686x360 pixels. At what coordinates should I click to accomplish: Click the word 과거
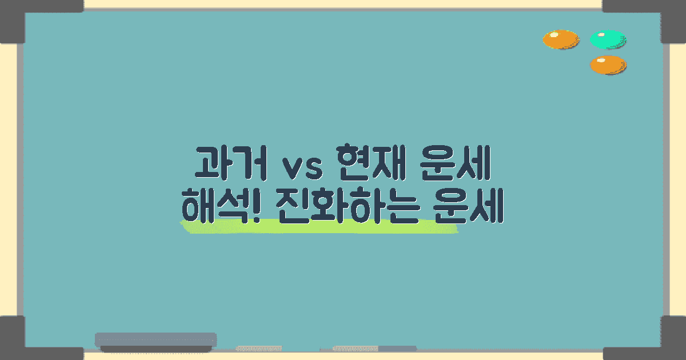coord(229,163)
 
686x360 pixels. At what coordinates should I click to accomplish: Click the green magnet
coord(608,39)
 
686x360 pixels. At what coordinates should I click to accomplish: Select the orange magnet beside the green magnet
coord(560,39)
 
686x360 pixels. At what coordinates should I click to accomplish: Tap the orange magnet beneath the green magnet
coord(608,65)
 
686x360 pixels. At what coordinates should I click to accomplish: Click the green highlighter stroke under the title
coord(320,227)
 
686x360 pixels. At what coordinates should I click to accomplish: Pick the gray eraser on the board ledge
coord(155,341)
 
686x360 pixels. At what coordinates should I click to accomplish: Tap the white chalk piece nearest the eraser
coord(258,348)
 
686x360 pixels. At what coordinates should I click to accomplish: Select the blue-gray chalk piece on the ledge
coord(397,348)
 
